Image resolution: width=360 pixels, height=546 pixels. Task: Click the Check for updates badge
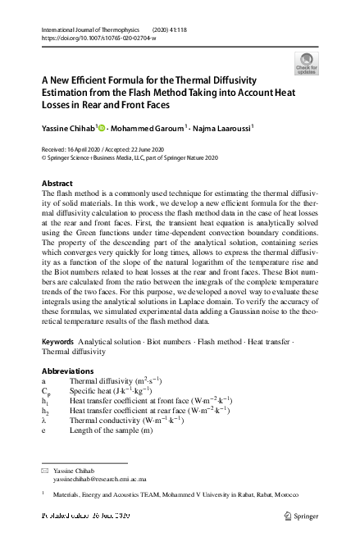click(x=307, y=63)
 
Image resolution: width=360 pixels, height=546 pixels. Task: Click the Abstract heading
click(x=57, y=183)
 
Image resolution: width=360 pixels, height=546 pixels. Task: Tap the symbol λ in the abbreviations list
click(x=43, y=420)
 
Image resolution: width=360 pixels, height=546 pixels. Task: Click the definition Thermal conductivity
click(x=106, y=420)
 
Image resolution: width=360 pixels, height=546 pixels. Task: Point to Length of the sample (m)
click(x=111, y=430)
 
